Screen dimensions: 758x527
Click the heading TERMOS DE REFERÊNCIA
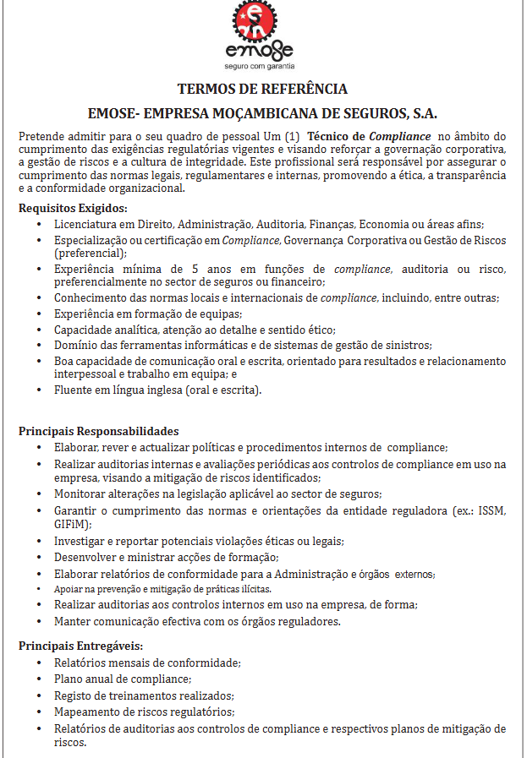click(x=262, y=89)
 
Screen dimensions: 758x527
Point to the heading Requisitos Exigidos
click(x=73, y=208)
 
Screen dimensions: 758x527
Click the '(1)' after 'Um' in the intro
click(x=292, y=136)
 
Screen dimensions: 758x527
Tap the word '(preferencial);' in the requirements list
click(x=90, y=253)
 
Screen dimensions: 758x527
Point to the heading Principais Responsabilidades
click(x=98, y=431)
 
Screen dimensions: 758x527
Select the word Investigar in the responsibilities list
click(x=82, y=541)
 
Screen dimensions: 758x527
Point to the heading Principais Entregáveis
click(x=80, y=646)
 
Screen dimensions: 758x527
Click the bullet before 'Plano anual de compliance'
click(x=40, y=679)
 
